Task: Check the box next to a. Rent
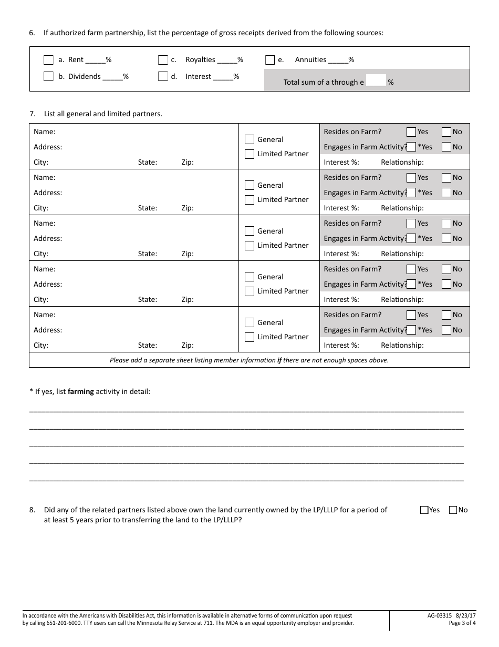coord(48,60)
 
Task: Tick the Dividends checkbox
coord(48,76)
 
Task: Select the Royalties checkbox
coord(163,60)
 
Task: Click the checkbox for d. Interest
coord(163,76)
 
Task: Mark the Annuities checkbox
coord(270,60)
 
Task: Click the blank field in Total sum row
coord(376,81)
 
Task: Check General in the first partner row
coord(250,139)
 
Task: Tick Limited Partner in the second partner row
coord(250,200)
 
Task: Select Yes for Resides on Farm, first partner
coord(411,132)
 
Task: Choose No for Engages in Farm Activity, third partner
coord(446,238)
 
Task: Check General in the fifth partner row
coord(250,322)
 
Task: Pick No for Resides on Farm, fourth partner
coord(446,269)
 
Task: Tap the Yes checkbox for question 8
coord(424,510)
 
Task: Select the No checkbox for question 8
coord(453,510)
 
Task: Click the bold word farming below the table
coord(80,391)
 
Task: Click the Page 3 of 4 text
coord(462,623)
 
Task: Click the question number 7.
coord(32,114)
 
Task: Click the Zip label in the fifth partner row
coord(188,346)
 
